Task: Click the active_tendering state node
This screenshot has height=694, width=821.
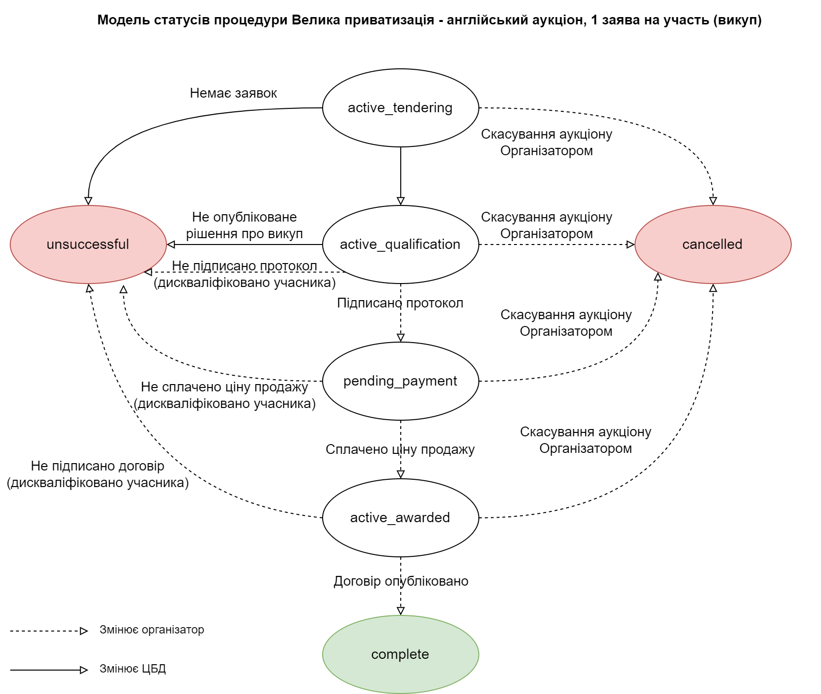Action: point(400,107)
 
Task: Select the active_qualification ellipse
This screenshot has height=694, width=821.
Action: point(400,244)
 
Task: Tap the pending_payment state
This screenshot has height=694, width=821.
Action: point(400,381)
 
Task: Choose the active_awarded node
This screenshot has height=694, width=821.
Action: point(400,517)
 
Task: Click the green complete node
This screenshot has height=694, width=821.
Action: point(400,654)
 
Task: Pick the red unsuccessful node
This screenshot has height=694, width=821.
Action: point(88,244)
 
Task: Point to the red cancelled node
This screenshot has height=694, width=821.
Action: point(713,244)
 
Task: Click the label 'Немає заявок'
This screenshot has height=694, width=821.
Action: point(233,93)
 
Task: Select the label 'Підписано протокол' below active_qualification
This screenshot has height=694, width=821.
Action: point(400,303)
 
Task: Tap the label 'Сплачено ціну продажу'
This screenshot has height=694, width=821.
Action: point(400,449)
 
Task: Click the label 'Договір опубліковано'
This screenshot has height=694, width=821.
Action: point(401,581)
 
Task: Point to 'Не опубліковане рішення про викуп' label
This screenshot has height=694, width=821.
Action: point(244,225)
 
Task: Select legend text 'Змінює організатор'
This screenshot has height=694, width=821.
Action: point(152,630)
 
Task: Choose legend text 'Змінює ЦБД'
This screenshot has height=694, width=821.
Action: point(133,669)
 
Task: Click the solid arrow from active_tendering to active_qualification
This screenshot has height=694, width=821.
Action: point(401,176)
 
